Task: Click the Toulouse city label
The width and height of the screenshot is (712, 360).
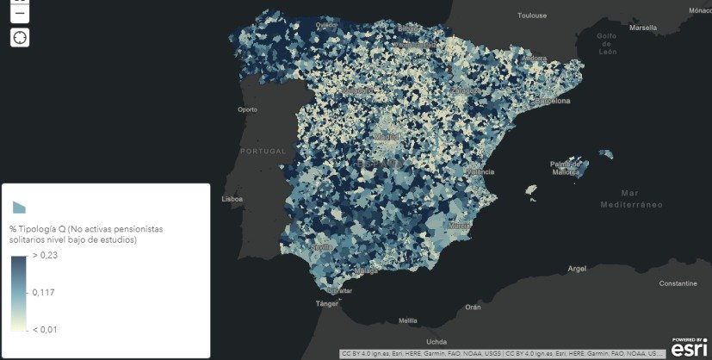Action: click(x=532, y=15)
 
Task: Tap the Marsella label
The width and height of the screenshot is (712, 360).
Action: click(x=642, y=27)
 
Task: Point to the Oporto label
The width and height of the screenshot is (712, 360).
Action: click(x=248, y=109)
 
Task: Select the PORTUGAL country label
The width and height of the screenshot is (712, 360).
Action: click(x=263, y=151)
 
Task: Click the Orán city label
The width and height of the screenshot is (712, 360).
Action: click(x=473, y=307)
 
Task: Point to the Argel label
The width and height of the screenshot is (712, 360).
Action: click(x=576, y=269)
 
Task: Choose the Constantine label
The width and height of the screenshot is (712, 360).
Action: click(x=678, y=283)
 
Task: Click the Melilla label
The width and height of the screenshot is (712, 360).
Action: click(x=408, y=321)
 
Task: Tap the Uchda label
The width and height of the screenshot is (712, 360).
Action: click(x=436, y=341)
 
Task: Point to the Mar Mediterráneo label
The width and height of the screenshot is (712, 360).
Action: click(x=632, y=198)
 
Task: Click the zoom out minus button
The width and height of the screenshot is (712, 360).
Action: click(x=20, y=12)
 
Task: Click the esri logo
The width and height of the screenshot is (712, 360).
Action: click(x=689, y=347)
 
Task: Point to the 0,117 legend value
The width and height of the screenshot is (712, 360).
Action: click(x=44, y=293)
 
